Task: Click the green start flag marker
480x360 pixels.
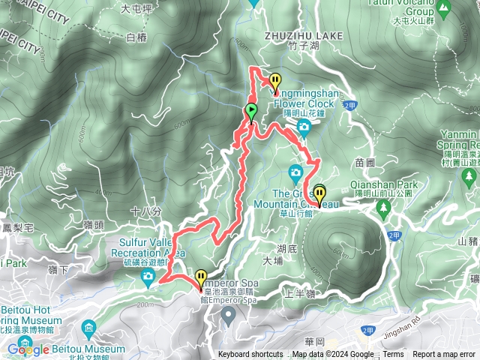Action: pyautogui.click(x=251, y=112)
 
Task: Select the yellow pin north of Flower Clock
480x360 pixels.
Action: pyautogui.click(x=276, y=81)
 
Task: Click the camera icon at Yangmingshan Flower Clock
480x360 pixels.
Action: pyautogui.click(x=303, y=127)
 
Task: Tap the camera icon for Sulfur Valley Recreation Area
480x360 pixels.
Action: pyautogui.click(x=148, y=278)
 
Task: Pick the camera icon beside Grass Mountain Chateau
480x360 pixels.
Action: pyautogui.click(x=296, y=173)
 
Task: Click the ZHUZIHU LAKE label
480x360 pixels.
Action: pyautogui.click(x=303, y=35)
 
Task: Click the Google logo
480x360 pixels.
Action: pyautogui.click(x=28, y=349)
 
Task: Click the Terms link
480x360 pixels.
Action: pyautogui.click(x=393, y=355)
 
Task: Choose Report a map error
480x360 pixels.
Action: pyautogui.click(x=444, y=355)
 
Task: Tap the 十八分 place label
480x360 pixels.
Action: pyautogui.click(x=145, y=212)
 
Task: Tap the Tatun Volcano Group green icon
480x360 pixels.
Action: pyautogui.click(x=445, y=10)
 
